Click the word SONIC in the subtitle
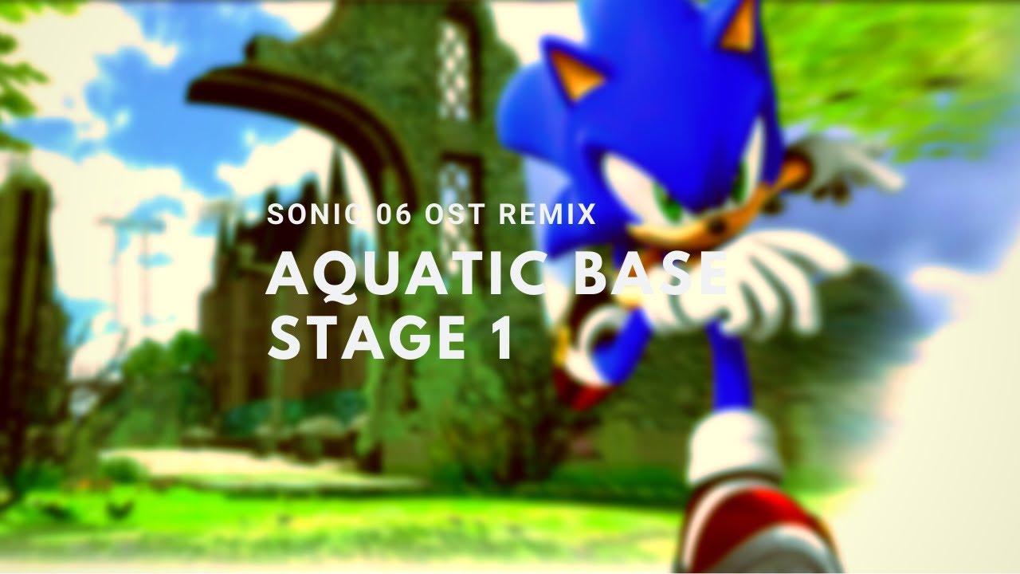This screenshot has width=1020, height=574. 306,215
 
